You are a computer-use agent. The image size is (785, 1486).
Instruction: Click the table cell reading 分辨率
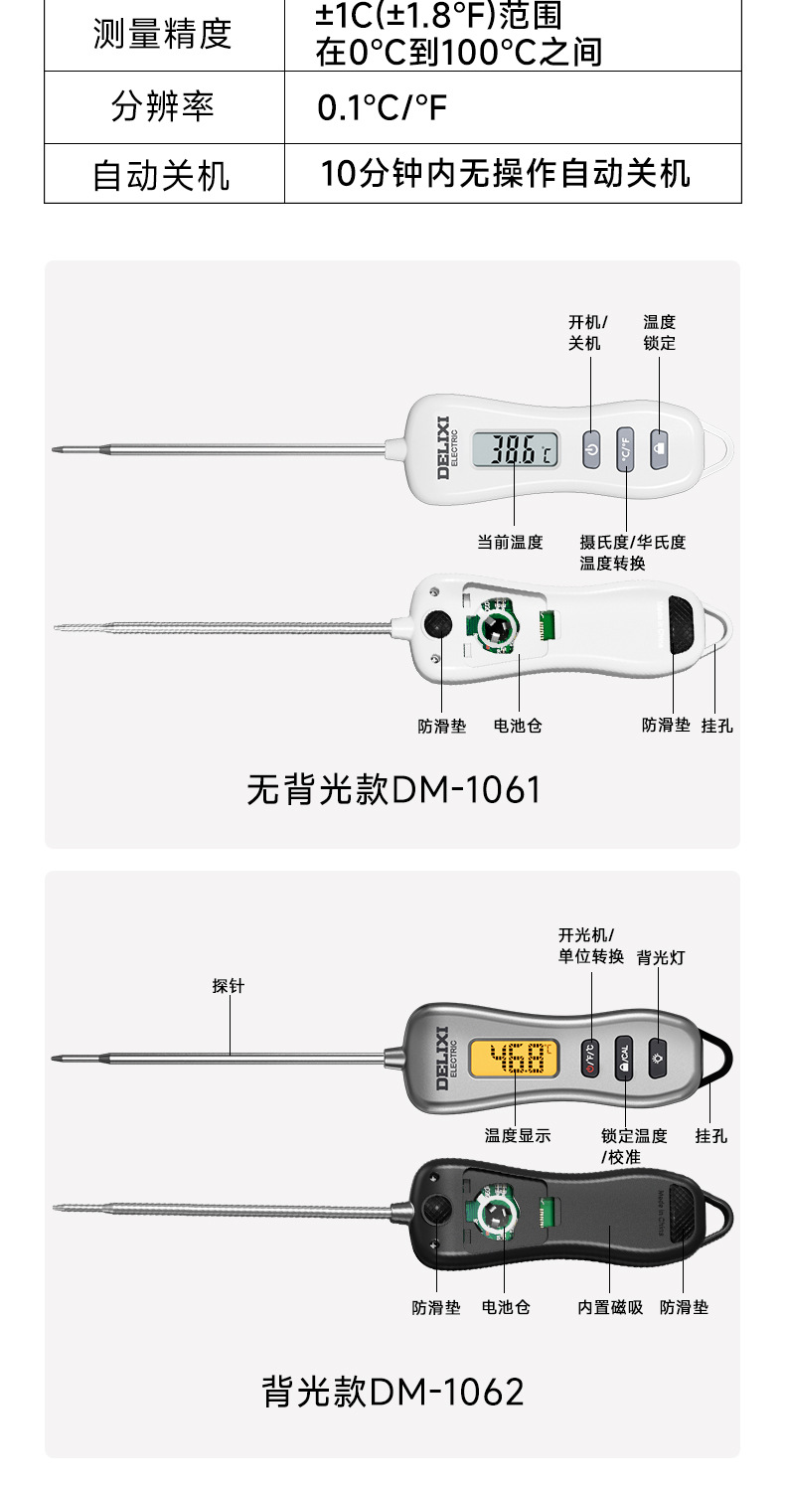tap(163, 107)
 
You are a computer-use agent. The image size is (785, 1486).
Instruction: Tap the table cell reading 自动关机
tap(163, 175)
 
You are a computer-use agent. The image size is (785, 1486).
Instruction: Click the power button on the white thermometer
tap(591, 449)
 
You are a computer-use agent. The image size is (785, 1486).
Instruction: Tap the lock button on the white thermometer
tap(660, 448)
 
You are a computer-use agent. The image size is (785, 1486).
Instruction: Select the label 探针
tap(228, 986)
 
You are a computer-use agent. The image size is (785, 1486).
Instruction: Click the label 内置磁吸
tap(610, 1307)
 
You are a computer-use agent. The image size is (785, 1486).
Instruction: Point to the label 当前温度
tap(510, 542)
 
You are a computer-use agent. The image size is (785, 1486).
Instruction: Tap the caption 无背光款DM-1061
tap(393, 790)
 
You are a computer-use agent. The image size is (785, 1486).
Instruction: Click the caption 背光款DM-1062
tap(392, 1391)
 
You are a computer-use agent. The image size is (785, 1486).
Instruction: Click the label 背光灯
tap(661, 957)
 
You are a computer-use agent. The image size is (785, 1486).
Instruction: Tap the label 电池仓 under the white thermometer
tap(518, 726)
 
